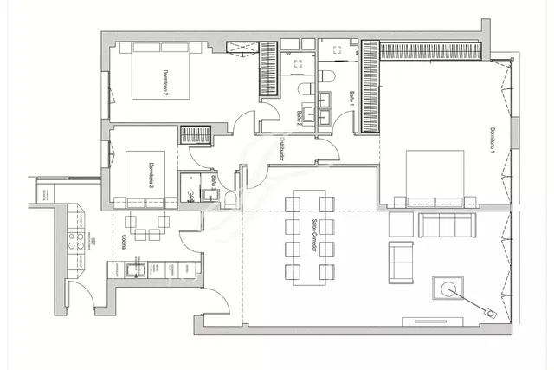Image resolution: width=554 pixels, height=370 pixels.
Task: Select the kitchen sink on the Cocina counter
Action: [x=133, y=269]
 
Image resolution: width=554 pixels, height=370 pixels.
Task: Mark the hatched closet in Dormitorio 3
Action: [x=196, y=134]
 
